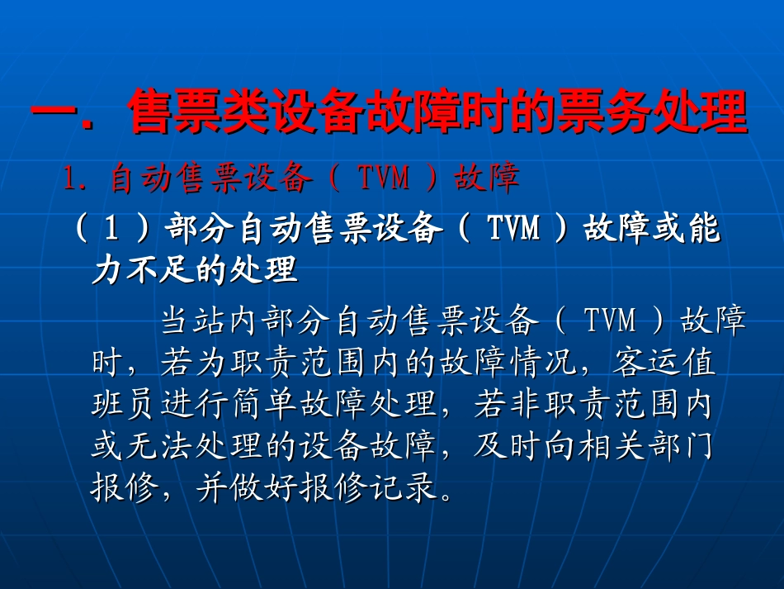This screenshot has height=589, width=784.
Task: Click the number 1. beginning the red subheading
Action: (81, 178)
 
